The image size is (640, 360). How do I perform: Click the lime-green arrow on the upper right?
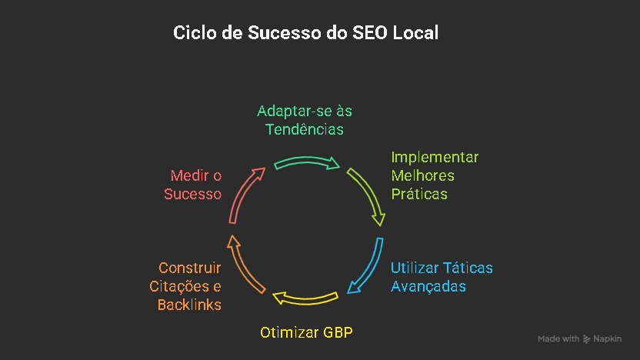[x=366, y=195]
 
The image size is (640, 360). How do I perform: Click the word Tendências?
[x=305, y=129]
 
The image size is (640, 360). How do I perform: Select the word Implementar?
[x=435, y=158]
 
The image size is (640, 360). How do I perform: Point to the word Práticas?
[x=419, y=194]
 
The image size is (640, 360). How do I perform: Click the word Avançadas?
[x=428, y=286]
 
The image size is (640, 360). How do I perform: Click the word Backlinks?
[x=189, y=305]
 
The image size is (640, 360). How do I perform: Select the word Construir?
[x=190, y=268]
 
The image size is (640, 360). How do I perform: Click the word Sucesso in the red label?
[x=193, y=194]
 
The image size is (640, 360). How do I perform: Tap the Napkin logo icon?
[x=587, y=338]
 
